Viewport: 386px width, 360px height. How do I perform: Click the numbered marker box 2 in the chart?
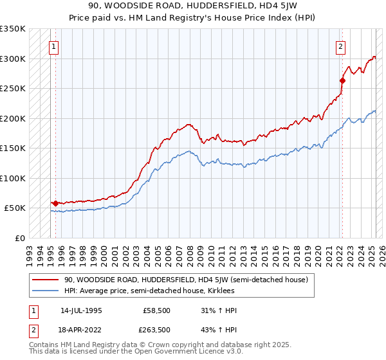[340, 46]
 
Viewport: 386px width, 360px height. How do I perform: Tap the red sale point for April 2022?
[342, 81]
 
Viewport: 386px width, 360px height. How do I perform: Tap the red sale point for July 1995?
[55, 203]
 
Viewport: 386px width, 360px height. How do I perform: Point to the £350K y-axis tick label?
[13, 29]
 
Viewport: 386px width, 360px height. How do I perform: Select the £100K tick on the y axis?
[13, 178]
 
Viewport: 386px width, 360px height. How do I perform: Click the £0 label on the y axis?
[19, 238]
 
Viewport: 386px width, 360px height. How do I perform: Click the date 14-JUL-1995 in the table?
[81, 310]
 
